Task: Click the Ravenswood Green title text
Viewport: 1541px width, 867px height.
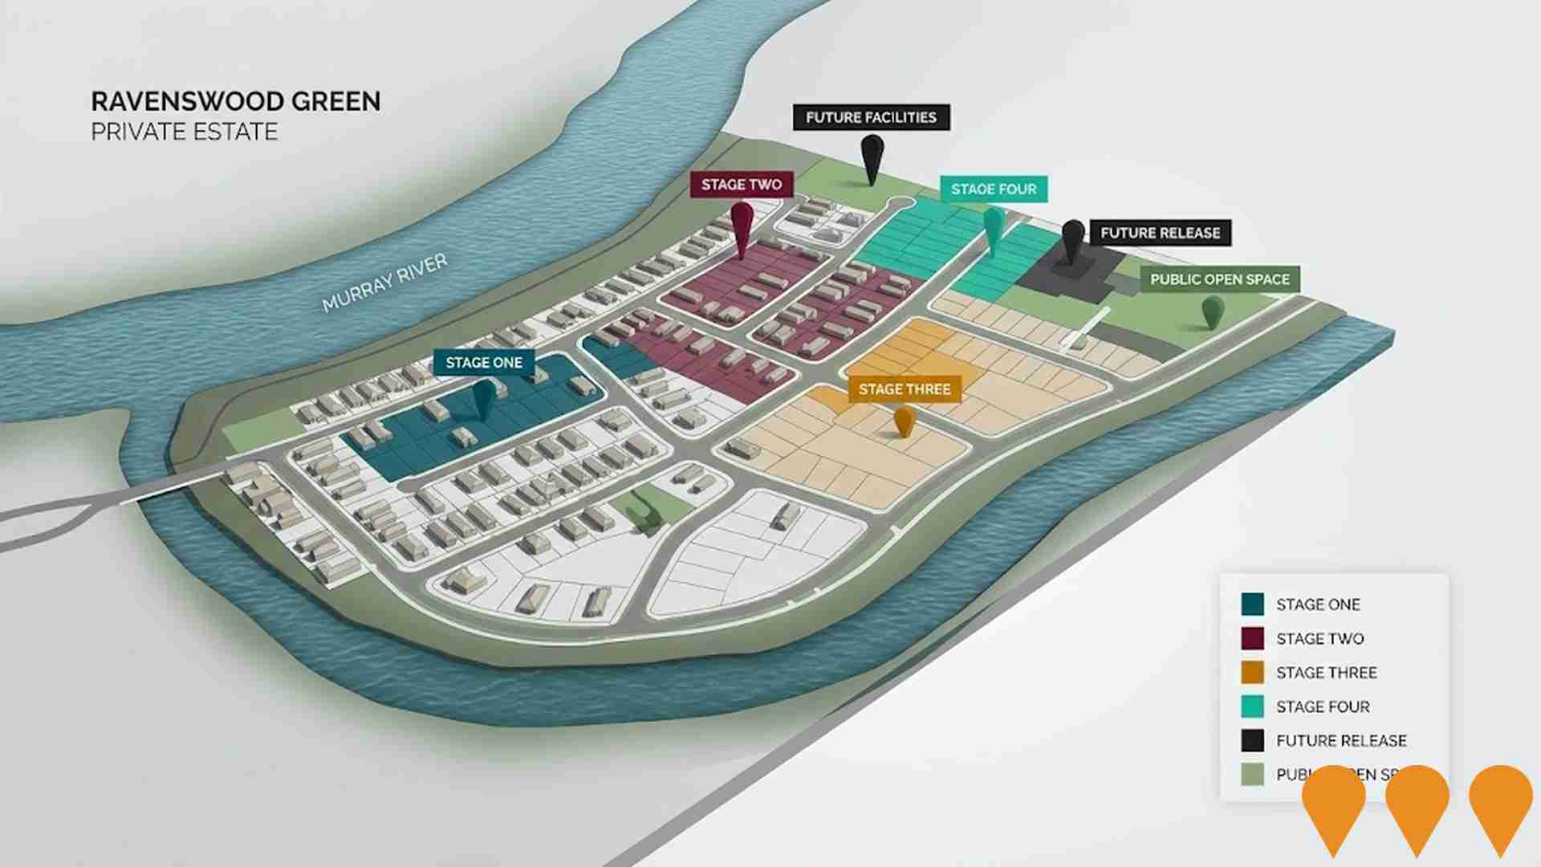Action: [x=236, y=101]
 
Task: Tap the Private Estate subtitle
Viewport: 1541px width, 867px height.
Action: [x=184, y=132]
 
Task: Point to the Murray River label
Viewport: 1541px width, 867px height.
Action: [x=384, y=283]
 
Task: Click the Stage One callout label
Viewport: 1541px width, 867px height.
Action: [x=484, y=363]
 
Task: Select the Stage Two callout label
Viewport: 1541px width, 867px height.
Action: [x=741, y=185]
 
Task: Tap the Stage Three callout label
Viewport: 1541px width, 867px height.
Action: [x=905, y=389]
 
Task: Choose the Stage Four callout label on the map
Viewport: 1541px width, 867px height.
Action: [x=994, y=189]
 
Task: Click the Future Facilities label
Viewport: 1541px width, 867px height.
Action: [x=871, y=117]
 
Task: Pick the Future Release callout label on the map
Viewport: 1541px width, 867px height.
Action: [x=1160, y=233]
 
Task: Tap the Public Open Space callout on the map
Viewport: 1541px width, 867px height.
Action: [x=1219, y=279]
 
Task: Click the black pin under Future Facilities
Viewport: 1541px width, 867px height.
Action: [x=872, y=157]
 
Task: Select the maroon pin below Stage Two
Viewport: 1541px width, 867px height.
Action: [x=742, y=225]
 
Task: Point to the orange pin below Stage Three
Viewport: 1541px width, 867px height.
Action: [x=904, y=420]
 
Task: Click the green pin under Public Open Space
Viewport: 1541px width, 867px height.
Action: [x=1212, y=311]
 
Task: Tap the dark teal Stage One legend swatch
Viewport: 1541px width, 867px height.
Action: [x=1252, y=604]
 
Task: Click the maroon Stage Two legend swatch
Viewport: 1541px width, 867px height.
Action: [x=1252, y=639]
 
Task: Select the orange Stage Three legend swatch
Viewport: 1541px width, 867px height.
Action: [x=1252, y=673]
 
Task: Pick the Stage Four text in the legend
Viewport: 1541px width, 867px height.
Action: [x=1323, y=707]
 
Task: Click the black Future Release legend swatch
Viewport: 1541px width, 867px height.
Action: [x=1252, y=740]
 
